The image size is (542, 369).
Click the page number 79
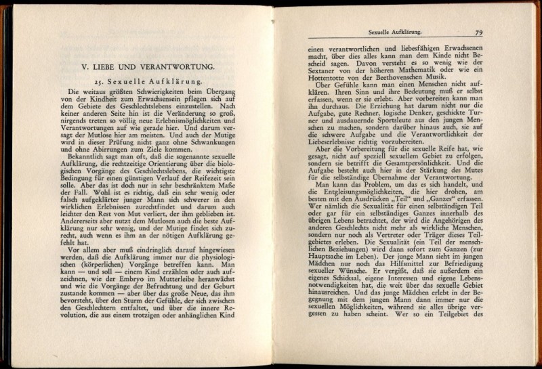(x=478, y=32)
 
